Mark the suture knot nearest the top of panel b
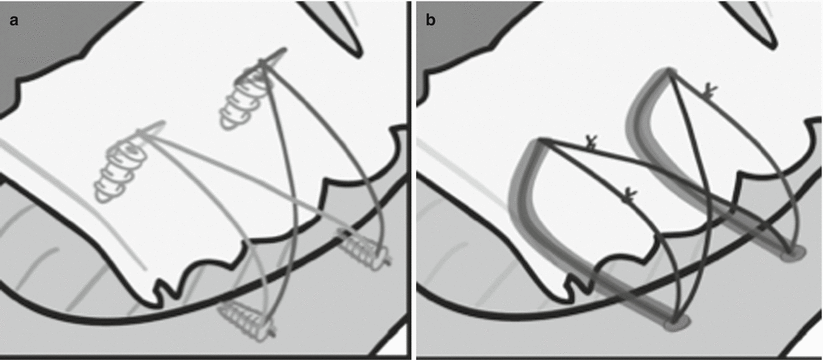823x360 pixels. [709, 91]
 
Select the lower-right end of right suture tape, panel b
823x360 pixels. [794, 251]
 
